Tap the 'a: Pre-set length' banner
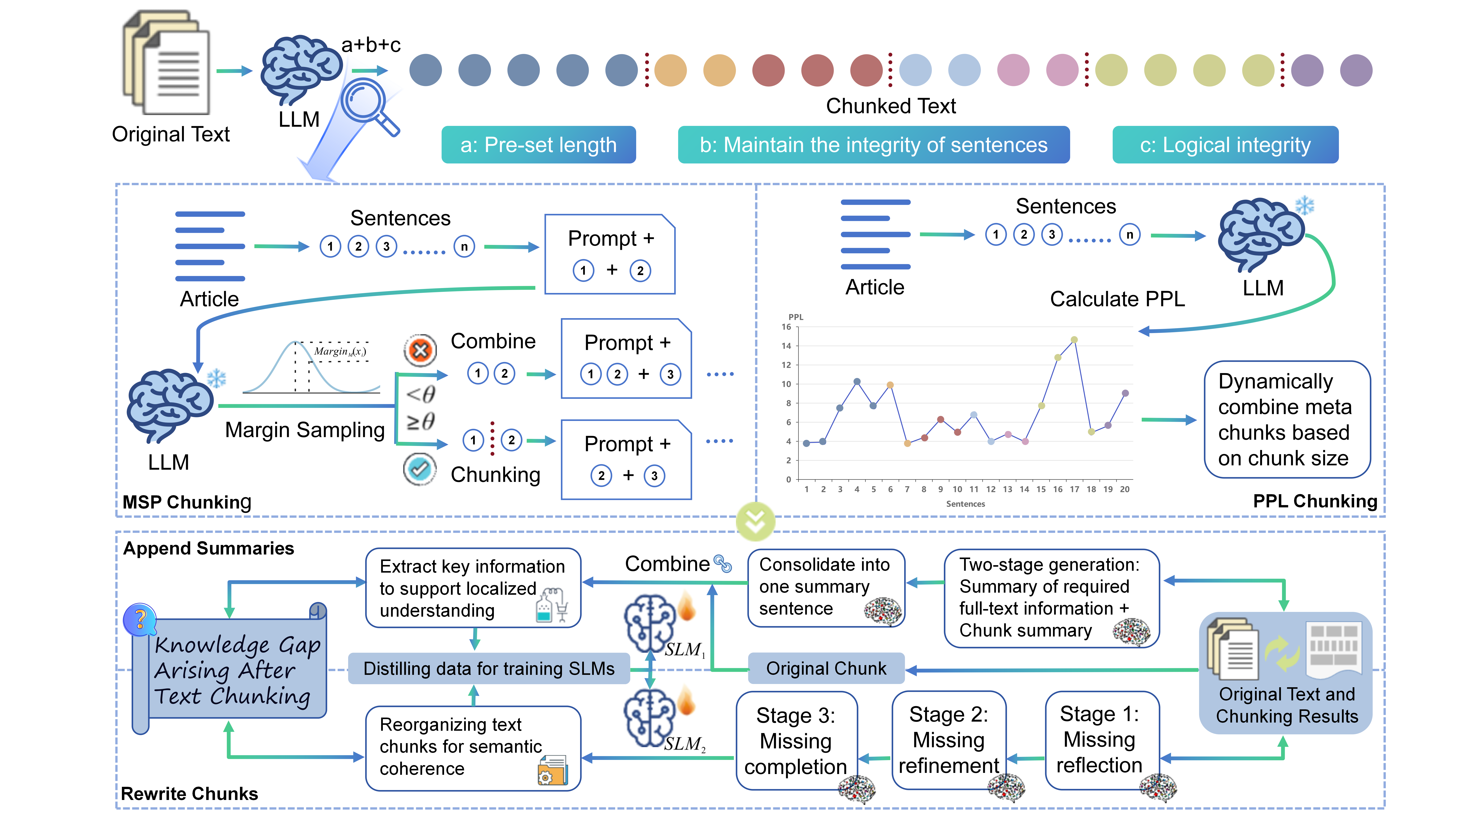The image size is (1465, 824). point(538,145)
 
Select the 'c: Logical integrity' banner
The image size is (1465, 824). point(1225,145)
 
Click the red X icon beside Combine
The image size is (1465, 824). point(420,350)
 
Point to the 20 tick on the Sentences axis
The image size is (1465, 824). point(1124,489)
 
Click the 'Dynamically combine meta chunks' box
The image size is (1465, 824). point(1286,420)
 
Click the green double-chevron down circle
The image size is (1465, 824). point(755,520)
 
